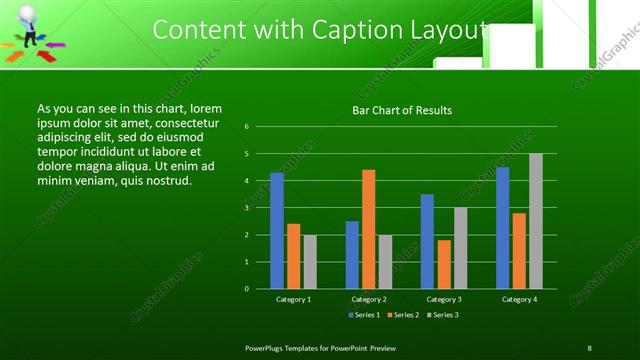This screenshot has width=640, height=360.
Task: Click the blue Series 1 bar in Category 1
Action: coord(277,231)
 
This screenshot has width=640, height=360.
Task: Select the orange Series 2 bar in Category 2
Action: coord(369,229)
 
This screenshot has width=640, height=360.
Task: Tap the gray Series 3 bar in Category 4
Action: coord(536,221)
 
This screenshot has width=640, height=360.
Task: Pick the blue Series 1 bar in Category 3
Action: coord(427,241)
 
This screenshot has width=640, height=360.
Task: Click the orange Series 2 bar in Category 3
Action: coord(444,264)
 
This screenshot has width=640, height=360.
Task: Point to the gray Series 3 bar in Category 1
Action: coord(310,262)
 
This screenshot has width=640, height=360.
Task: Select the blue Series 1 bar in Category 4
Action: coord(502,228)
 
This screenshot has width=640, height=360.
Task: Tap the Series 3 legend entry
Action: coord(443,315)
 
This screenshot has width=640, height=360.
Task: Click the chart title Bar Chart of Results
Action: coord(402,110)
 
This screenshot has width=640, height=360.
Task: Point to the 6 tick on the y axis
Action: coord(247,127)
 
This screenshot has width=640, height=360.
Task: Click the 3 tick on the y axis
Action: coord(247,208)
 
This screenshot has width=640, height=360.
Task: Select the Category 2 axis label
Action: coord(369,299)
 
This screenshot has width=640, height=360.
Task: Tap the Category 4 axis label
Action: coord(519,299)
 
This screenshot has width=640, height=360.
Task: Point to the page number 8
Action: coord(590,347)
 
